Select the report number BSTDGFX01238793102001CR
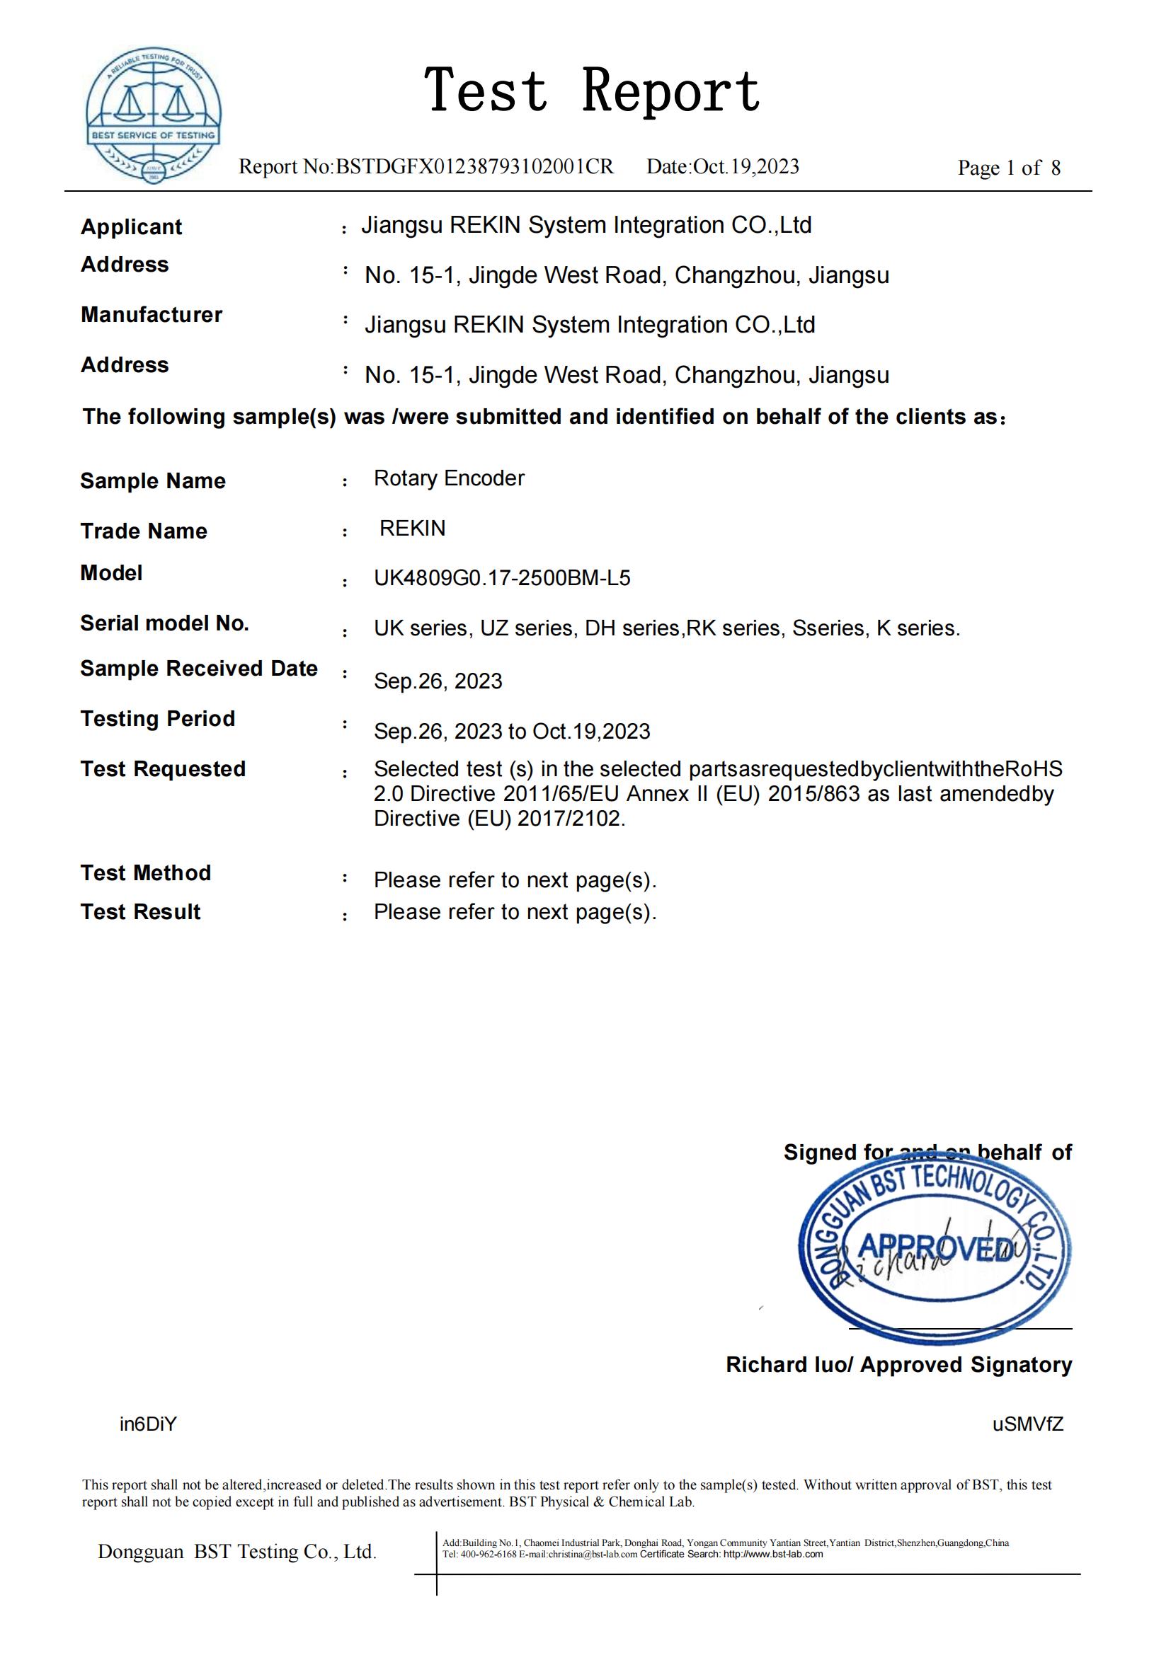coord(474,167)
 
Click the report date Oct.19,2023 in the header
coord(746,167)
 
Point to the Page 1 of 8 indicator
coord(1008,168)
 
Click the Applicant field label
coord(131,227)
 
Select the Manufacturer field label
coord(152,315)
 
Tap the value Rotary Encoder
coord(448,478)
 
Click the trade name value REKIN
coord(413,529)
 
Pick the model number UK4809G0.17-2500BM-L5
coord(502,578)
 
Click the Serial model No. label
coord(164,623)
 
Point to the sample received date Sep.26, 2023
coord(438,681)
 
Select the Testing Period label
coord(158,719)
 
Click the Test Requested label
coord(163,769)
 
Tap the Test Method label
coord(146,873)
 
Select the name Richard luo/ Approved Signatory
coord(898,1364)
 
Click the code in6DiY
coord(148,1424)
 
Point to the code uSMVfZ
coord(1027,1424)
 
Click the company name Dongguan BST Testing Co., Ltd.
coord(237,1552)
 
